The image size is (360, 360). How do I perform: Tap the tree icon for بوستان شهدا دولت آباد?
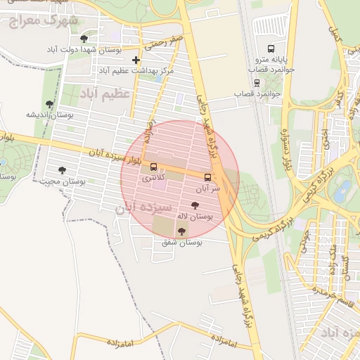84,39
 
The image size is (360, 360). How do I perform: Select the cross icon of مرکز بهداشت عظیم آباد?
136,60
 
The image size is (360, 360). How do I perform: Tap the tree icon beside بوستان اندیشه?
49,104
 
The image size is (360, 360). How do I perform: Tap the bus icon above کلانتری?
154,167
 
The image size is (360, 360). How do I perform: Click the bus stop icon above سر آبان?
207,177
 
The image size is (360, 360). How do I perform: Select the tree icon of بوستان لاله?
195,205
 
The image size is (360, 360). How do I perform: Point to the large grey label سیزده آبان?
143,208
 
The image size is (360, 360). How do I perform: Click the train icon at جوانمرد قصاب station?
257,81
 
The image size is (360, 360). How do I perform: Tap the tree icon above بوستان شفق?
182,231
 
